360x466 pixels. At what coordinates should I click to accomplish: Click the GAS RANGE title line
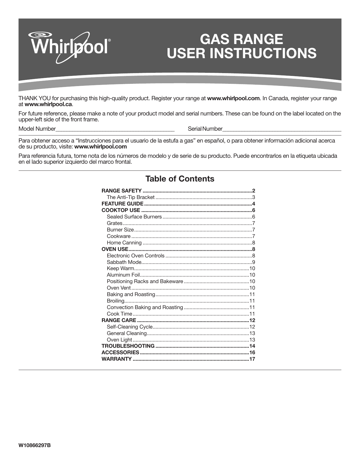[x=241, y=39]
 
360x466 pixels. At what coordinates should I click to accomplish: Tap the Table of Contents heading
[x=180, y=179]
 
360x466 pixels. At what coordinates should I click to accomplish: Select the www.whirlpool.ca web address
[x=48, y=104]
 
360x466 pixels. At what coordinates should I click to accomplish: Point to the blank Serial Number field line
[x=282, y=129]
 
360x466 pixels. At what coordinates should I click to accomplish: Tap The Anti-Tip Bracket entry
[x=130, y=197]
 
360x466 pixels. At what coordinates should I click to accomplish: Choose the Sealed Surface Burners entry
[x=134, y=217]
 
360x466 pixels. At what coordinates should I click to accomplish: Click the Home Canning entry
[x=124, y=243]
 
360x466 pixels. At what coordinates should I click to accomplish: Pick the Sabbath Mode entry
[x=124, y=262]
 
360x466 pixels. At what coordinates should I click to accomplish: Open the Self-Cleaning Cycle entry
[x=130, y=327]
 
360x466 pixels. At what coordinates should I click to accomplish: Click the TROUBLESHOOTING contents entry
[x=128, y=346]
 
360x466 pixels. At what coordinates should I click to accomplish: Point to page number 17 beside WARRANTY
[x=252, y=359]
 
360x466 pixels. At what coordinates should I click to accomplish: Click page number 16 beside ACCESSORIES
[x=252, y=353]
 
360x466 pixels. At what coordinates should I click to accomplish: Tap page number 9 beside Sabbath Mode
[x=254, y=262]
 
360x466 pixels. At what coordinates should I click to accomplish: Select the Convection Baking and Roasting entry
[x=145, y=307]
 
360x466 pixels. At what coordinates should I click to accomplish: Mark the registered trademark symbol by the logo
[x=110, y=41]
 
